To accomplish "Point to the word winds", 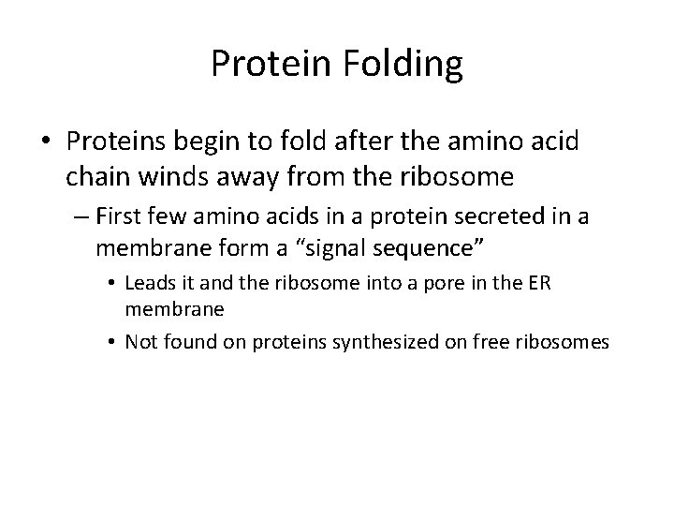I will [x=180, y=175].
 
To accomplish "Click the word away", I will [x=252, y=175].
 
